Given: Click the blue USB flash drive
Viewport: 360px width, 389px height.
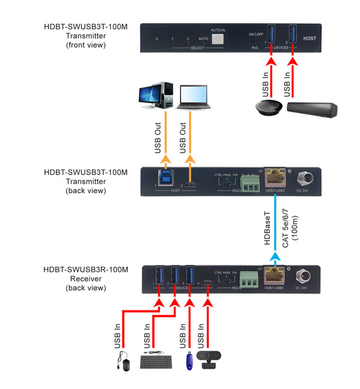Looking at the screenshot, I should click(x=189, y=360).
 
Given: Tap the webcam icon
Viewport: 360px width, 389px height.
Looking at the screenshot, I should click(x=208, y=360).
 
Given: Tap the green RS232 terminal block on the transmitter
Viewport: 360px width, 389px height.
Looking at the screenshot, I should click(x=248, y=181).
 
